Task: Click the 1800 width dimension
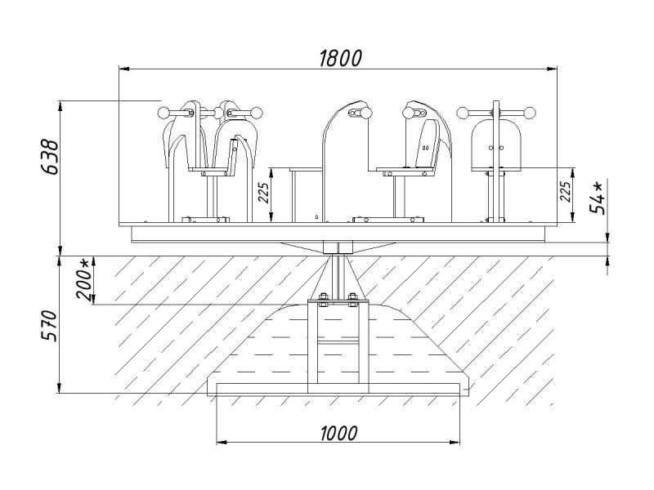click(339, 57)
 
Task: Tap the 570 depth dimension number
click(51, 326)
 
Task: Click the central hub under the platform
click(337, 247)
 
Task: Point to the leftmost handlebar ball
click(163, 112)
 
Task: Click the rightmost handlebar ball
click(531, 111)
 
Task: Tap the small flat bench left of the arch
click(304, 170)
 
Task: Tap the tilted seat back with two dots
click(427, 144)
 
